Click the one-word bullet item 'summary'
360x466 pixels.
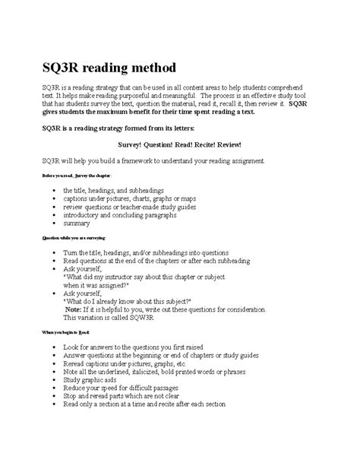77,224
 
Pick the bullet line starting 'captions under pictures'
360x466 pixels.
122,197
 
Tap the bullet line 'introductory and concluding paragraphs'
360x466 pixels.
125,215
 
